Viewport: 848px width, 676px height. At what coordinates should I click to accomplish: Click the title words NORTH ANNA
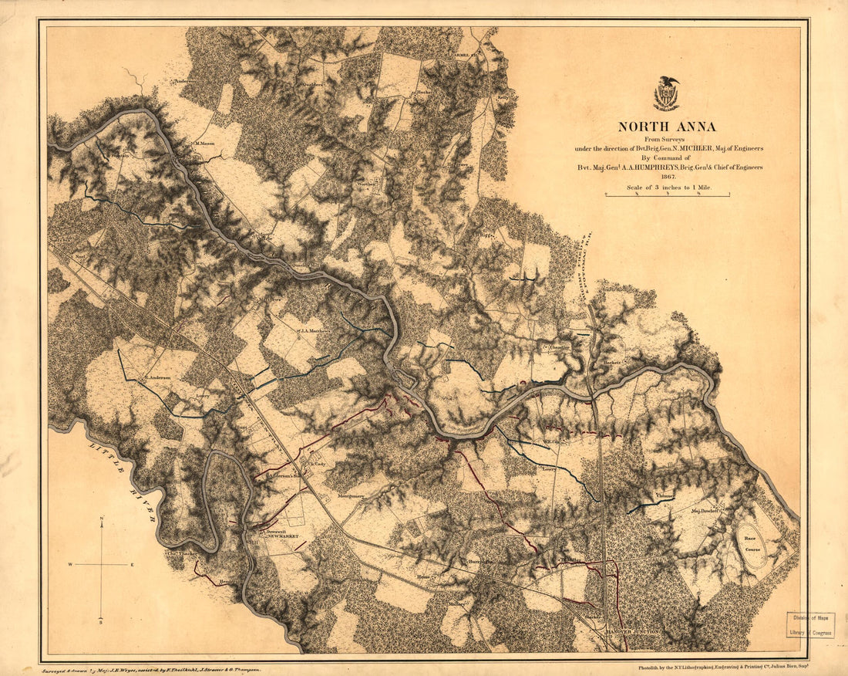click(666, 127)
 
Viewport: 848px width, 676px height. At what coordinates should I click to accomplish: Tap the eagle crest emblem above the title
click(666, 93)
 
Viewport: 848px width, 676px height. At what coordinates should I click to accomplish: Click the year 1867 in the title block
click(667, 177)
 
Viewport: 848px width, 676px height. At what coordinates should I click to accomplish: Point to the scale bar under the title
click(667, 195)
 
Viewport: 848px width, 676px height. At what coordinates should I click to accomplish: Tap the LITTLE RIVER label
click(123, 482)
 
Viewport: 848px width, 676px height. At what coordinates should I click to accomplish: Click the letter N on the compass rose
click(102, 522)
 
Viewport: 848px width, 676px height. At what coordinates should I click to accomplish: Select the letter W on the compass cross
click(71, 565)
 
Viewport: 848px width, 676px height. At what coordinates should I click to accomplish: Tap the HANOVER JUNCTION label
click(631, 632)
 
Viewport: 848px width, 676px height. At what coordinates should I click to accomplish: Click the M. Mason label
click(204, 144)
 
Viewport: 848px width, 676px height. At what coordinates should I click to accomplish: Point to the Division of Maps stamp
click(809, 626)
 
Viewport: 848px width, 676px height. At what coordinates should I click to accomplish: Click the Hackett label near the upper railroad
click(613, 361)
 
